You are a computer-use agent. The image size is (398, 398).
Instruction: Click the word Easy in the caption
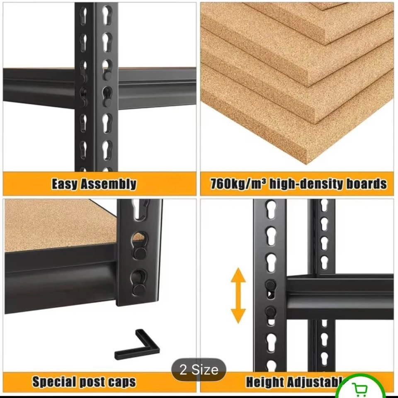coord(65,184)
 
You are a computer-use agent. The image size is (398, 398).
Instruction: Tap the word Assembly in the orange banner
coord(108,184)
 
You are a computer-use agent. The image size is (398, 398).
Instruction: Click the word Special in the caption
coord(54,381)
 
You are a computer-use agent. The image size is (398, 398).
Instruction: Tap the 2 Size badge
coord(199,369)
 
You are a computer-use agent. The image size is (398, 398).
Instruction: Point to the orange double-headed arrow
coord(238,296)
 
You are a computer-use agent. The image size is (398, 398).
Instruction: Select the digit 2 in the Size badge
coord(183,369)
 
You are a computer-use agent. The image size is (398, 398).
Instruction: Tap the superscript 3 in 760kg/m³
coord(264,181)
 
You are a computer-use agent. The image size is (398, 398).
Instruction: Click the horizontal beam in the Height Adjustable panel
coord(340,296)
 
